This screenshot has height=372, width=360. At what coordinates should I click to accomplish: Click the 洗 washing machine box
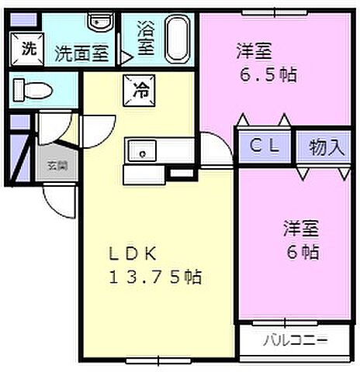point(28,49)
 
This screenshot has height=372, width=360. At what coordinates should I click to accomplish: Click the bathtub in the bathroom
point(178,40)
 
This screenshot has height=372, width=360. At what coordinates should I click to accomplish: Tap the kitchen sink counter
point(143,150)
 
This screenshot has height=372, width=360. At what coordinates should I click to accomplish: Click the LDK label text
point(133,253)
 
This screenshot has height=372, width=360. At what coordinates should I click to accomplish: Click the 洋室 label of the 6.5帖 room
point(254,52)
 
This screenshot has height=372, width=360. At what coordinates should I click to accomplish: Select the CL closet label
point(264,146)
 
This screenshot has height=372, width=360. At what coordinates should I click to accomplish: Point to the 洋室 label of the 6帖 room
point(301,229)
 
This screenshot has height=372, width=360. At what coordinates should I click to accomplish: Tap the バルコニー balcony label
point(294,339)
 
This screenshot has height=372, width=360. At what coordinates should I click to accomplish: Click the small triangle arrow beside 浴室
point(124,56)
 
